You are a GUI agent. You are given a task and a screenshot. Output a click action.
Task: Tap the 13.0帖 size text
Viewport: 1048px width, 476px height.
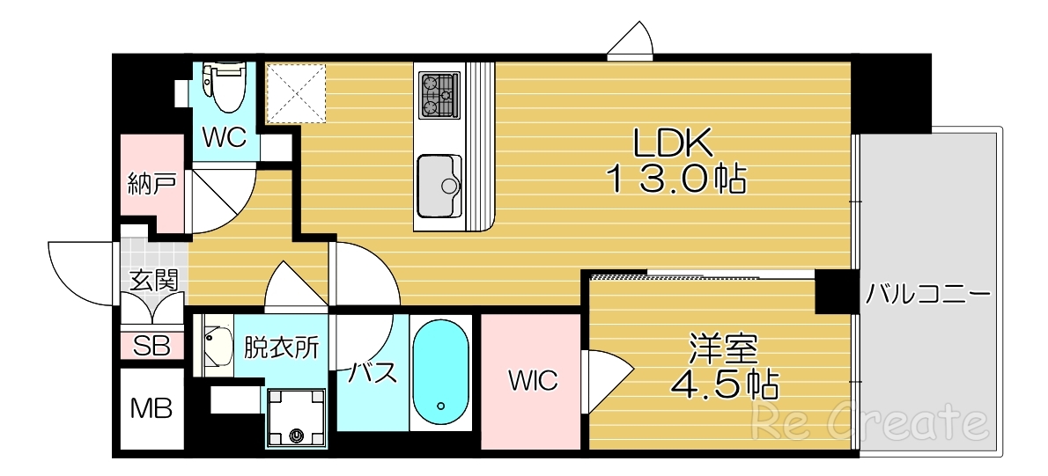pyautogui.click(x=675, y=179)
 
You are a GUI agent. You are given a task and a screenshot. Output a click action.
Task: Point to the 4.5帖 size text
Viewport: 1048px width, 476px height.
pyautogui.click(x=724, y=384)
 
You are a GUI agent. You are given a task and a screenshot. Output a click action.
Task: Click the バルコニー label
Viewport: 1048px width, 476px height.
pyautogui.click(x=928, y=293)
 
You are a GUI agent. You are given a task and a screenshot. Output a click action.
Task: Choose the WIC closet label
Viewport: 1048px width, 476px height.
pyautogui.click(x=532, y=381)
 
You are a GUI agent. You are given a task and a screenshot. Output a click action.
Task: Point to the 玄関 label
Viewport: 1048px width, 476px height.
pyautogui.click(x=154, y=281)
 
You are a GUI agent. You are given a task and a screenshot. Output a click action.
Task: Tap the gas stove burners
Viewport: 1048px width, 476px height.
pyautogui.click(x=439, y=95)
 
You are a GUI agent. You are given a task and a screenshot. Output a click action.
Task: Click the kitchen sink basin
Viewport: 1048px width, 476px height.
pyautogui.click(x=439, y=185)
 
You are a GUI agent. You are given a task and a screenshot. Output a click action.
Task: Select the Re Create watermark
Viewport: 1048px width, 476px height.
pyautogui.click(x=867, y=423)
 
